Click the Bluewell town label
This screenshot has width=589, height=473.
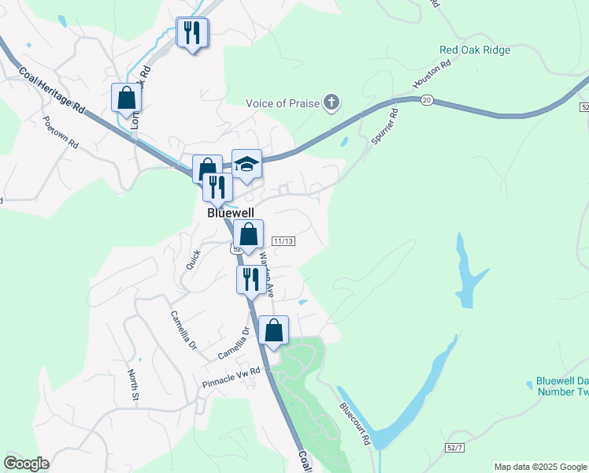(229, 213)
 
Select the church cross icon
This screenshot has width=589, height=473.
(332, 102)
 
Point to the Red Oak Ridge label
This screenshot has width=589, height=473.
(475, 50)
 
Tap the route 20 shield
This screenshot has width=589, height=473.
(427, 100)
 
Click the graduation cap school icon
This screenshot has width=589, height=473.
(246, 164)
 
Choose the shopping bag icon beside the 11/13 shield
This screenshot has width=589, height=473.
(248, 234)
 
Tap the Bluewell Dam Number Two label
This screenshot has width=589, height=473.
(561, 385)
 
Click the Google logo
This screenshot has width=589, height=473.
(26, 464)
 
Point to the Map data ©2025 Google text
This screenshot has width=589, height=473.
(540, 467)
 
